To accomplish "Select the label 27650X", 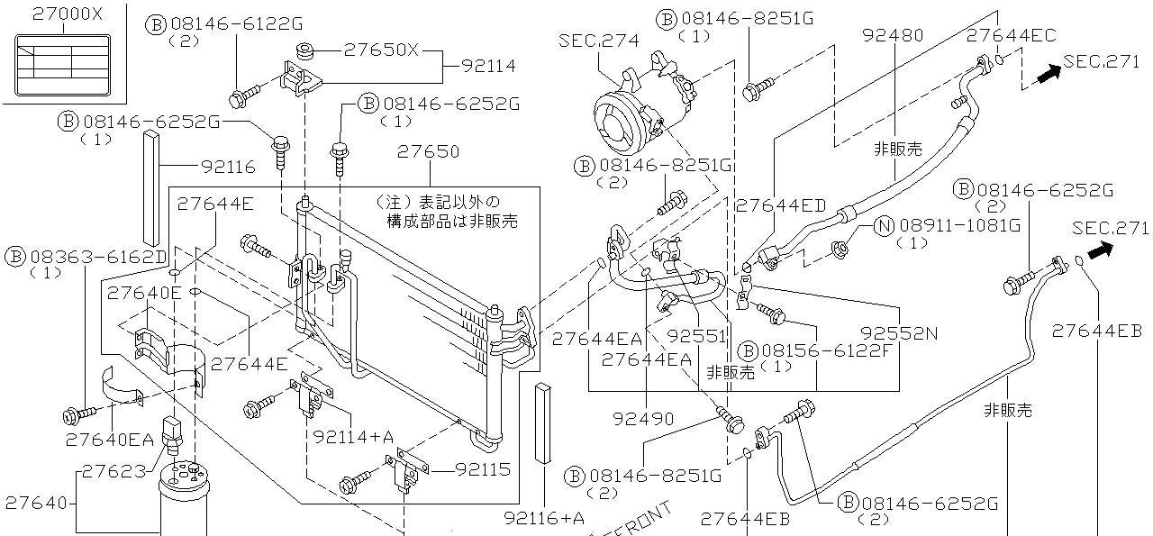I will [x=381, y=50].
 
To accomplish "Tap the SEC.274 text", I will [x=598, y=41].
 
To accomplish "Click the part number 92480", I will [x=893, y=36].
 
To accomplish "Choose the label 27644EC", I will [x=1011, y=36].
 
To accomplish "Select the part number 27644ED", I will [x=780, y=205].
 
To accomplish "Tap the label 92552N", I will [x=898, y=333].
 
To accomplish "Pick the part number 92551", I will [x=696, y=335].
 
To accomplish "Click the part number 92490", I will [x=641, y=419].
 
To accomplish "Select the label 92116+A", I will [x=544, y=517].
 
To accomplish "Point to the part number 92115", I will [x=482, y=469].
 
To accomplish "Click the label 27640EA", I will [x=110, y=441].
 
